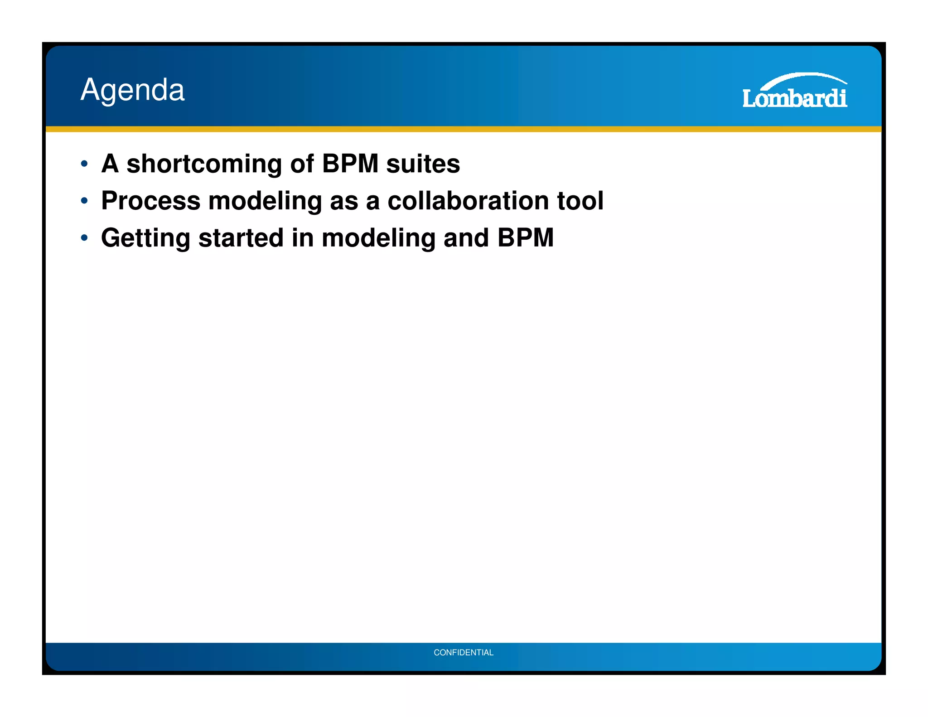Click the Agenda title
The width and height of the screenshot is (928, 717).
pos(132,90)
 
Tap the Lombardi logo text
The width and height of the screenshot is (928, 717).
pos(794,98)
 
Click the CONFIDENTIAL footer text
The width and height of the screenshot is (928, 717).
pos(463,652)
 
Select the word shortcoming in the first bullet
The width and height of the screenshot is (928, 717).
pos(204,164)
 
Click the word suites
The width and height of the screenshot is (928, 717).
pos(422,164)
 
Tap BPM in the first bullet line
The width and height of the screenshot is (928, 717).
pos(350,164)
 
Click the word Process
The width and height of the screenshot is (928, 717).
pos(150,201)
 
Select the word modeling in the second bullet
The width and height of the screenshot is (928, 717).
pos(265,201)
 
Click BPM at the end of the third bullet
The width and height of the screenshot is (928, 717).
pos(525,238)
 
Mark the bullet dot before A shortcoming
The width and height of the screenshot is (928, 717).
pos(84,164)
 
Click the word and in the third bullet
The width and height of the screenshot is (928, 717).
pos(466,238)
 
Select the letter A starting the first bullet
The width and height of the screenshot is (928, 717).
pos(110,164)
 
